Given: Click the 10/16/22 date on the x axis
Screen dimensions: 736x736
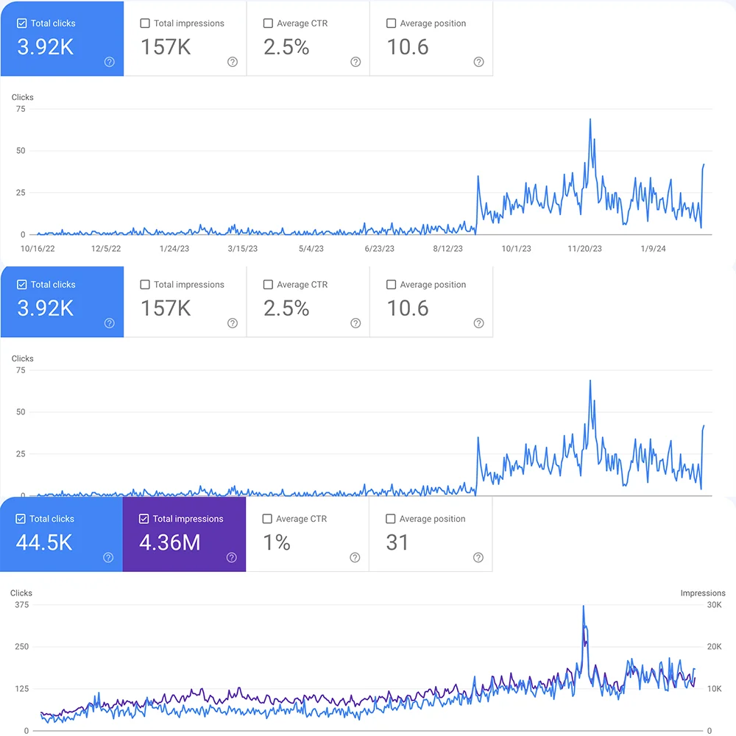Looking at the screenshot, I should [38, 249].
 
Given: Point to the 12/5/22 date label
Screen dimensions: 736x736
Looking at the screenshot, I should [106, 249].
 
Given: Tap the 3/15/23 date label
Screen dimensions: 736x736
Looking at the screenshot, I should [243, 249].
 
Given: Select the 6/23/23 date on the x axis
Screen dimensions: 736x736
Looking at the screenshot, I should [379, 249].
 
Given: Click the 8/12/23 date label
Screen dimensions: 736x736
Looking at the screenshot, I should [447, 249].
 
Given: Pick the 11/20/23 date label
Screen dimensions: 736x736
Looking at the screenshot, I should [584, 249].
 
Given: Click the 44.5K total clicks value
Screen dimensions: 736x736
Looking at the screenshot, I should [44, 543].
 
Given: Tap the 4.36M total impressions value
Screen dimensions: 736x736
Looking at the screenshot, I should [169, 543].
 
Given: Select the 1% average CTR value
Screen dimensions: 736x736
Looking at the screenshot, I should [277, 543].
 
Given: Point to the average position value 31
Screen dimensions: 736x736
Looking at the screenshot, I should [397, 543].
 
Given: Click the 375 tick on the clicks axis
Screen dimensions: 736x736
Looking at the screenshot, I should [21, 605].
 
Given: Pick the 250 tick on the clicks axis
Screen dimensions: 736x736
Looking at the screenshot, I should [21, 647].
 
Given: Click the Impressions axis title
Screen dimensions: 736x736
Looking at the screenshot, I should [703, 593].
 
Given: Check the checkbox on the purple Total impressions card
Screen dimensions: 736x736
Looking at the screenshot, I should [144, 519].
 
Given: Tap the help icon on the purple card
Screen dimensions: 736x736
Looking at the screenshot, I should [232, 558].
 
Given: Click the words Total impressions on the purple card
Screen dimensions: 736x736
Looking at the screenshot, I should [188, 519].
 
